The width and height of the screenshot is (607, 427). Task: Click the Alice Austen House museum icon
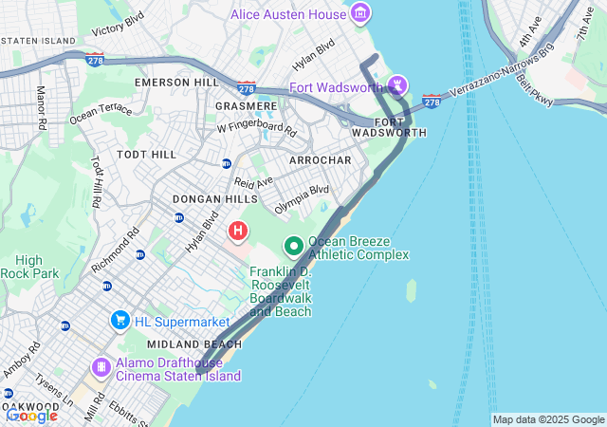point(360,13)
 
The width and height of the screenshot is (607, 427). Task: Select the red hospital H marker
point(238,231)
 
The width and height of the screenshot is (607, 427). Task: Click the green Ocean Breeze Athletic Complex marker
point(294,247)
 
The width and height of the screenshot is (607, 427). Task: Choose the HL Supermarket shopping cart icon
point(120,320)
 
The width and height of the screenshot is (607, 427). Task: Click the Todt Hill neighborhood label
point(146,154)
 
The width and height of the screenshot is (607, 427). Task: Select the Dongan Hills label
point(214,199)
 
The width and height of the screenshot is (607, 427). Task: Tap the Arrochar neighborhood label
point(321,160)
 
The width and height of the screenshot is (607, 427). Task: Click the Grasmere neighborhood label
point(247,105)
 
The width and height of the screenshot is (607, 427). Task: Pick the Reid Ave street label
point(253,181)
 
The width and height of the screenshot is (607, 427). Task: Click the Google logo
point(31,415)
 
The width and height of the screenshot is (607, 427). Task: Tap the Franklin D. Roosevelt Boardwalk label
point(281,291)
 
